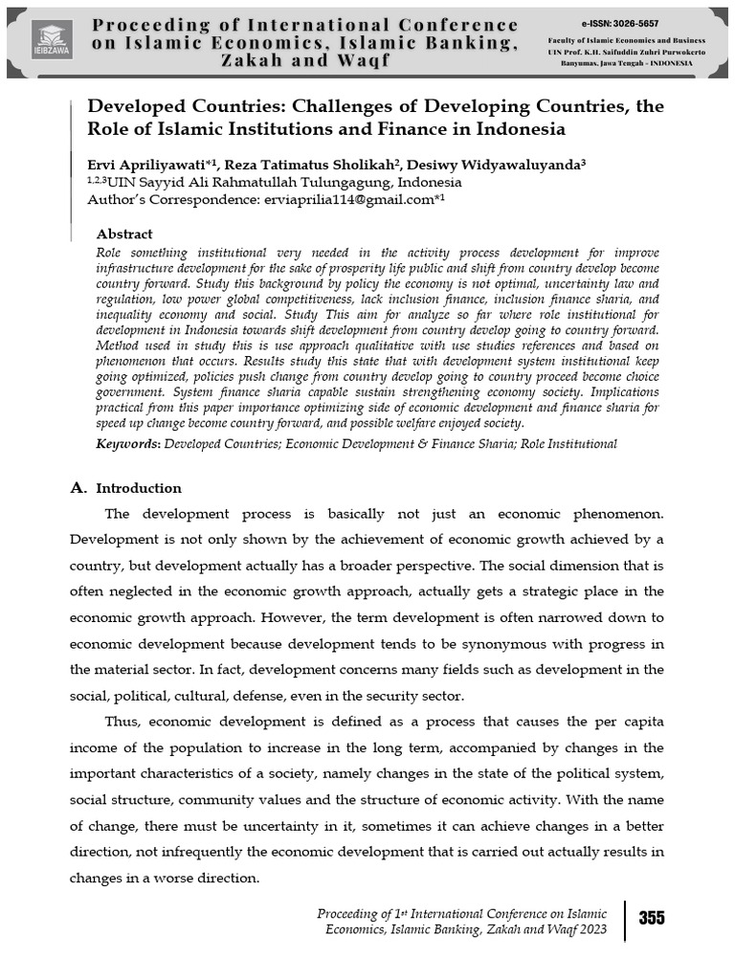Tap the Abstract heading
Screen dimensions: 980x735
pyautogui.click(x=124, y=234)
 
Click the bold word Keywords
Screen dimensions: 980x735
pyautogui.click(x=129, y=444)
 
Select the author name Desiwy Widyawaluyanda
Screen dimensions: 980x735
pyautogui.click(x=494, y=165)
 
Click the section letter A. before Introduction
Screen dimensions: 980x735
pyautogui.click(x=79, y=488)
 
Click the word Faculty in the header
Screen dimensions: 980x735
pyautogui.click(x=565, y=39)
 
